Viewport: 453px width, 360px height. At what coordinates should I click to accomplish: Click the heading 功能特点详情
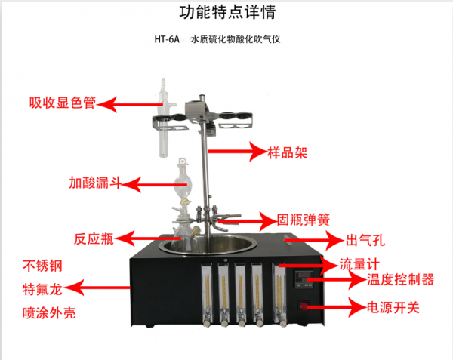click(x=228, y=12)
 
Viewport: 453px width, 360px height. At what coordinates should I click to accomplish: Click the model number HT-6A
click(x=167, y=39)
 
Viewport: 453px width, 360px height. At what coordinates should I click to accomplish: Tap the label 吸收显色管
click(x=63, y=103)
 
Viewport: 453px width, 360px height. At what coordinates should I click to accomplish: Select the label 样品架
click(x=287, y=152)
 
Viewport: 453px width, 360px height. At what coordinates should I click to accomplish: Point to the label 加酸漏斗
click(x=95, y=183)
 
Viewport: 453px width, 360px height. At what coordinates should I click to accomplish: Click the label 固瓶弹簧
click(x=304, y=220)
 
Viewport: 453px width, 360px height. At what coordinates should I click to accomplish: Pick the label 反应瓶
click(x=94, y=239)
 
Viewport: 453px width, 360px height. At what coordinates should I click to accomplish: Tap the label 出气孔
click(x=365, y=240)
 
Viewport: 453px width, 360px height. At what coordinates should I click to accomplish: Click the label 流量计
click(x=359, y=264)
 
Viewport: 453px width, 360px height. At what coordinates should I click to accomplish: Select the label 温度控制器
click(x=400, y=279)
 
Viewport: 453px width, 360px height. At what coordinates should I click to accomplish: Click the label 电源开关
click(x=393, y=307)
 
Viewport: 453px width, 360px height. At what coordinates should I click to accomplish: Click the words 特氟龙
click(x=42, y=289)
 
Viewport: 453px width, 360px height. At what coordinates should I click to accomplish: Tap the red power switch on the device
click(x=303, y=306)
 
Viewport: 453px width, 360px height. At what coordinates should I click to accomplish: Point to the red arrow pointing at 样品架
click(x=237, y=151)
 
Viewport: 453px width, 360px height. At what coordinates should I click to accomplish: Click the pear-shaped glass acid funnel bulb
click(x=183, y=182)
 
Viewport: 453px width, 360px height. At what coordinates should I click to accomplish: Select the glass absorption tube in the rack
click(x=164, y=118)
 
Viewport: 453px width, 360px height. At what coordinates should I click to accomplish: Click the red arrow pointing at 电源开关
click(x=337, y=307)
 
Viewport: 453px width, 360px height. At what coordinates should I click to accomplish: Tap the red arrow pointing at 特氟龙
click(x=97, y=288)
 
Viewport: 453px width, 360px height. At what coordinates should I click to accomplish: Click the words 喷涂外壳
click(x=49, y=313)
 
